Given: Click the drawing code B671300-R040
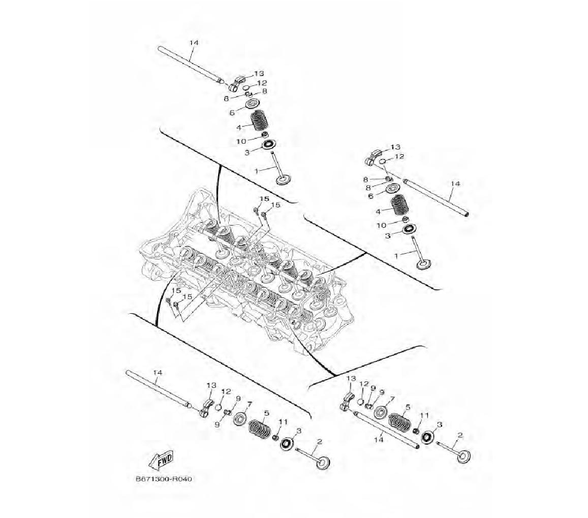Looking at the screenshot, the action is pyautogui.click(x=166, y=479).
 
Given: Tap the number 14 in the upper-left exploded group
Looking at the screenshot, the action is pyautogui.click(x=193, y=43).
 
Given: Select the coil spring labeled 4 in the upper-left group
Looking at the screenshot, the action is pyautogui.click(x=259, y=121).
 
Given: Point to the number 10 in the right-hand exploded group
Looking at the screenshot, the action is pyautogui.click(x=381, y=225).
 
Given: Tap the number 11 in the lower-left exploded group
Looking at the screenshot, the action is pyautogui.click(x=283, y=422).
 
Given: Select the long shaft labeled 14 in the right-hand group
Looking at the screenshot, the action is pyautogui.click(x=436, y=197).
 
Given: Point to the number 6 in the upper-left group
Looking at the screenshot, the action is pyautogui.click(x=232, y=112).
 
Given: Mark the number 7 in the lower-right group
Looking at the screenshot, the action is pyautogui.click(x=392, y=399).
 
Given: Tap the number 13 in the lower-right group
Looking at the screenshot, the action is pyautogui.click(x=351, y=378).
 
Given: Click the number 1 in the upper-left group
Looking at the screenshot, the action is pyautogui.click(x=256, y=171).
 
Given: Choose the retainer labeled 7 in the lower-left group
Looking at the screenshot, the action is pyautogui.click(x=240, y=419).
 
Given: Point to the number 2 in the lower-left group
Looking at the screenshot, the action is pyautogui.click(x=319, y=441).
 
